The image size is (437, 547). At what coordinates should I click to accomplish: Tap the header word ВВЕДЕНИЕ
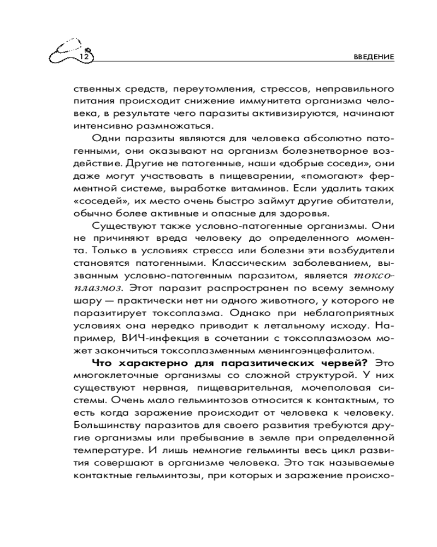(373, 57)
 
